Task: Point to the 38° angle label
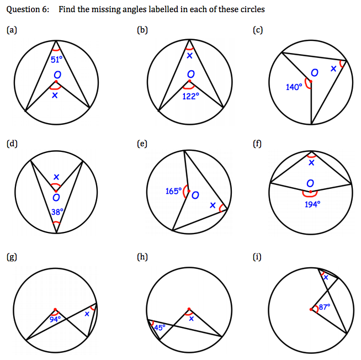(57, 211)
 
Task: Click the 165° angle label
(173, 191)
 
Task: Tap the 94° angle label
(56, 319)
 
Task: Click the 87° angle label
(325, 306)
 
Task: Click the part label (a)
(10, 30)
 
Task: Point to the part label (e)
(142, 144)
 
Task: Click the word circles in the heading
(252, 9)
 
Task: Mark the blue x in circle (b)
(190, 55)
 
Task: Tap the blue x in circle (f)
(311, 163)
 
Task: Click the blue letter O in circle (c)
(314, 73)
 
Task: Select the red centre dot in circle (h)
(189, 309)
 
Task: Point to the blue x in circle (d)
(56, 177)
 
